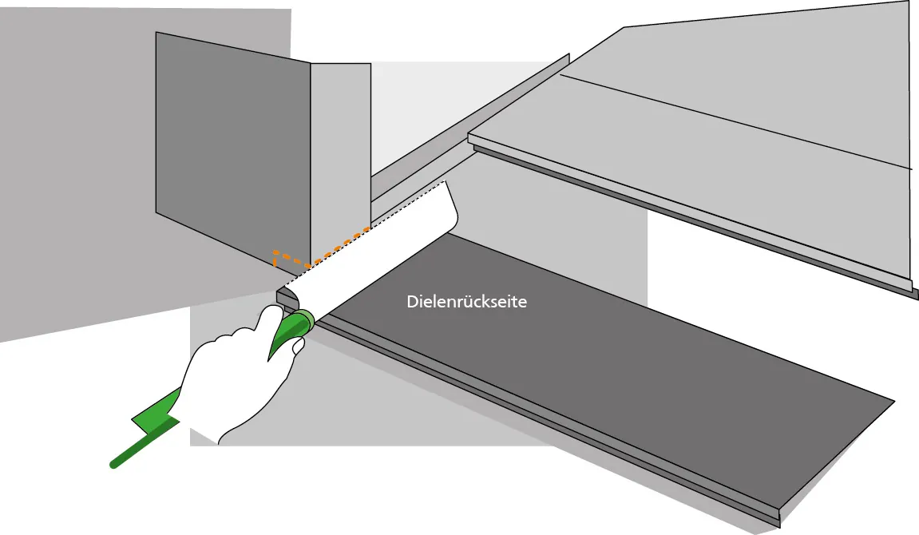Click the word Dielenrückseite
[466, 302]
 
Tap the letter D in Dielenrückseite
[412, 302]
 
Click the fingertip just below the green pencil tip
[298, 346]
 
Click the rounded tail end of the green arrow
[114, 465]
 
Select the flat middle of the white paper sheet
[375, 252]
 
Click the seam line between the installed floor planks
[735, 122]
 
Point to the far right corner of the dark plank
[894, 402]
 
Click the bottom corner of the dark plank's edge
[779, 526]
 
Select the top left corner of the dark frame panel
[156, 32]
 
